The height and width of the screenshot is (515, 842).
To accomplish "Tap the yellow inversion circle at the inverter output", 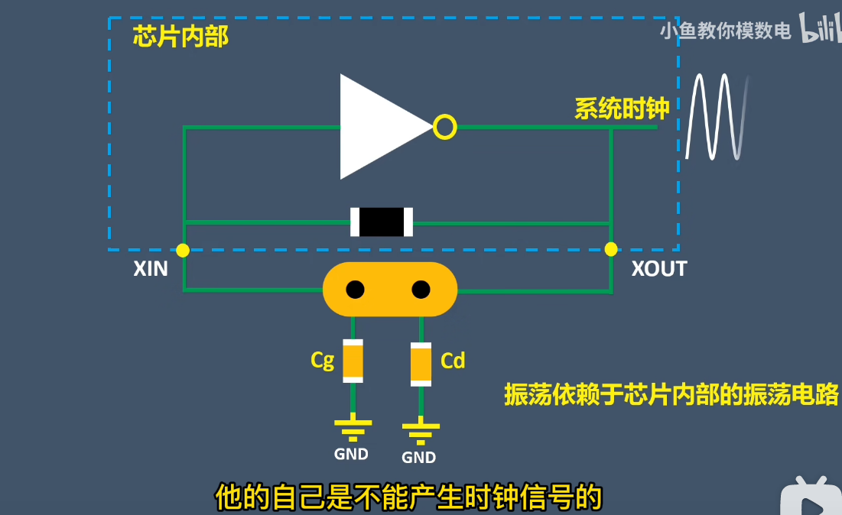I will (x=444, y=127).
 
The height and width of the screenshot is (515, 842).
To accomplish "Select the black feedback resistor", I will (x=382, y=222).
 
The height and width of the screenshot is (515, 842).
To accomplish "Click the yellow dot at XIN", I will (x=183, y=250).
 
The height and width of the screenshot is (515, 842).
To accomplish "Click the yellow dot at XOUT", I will (x=610, y=249).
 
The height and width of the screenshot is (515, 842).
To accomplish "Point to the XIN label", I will (x=151, y=269).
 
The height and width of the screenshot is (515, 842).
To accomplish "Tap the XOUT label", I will (x=659, y=269).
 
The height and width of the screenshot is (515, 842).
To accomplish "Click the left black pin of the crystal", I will (x=355, y=290).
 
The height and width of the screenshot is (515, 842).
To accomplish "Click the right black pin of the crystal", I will (x=421, y=290).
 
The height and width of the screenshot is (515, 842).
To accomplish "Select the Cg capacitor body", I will (x=353, y=361).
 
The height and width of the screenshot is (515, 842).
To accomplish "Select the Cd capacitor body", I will (x=421, y=364).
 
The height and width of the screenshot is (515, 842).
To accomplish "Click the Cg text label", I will (x=323, y=360).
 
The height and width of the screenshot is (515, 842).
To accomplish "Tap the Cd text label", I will (x=453, y=360).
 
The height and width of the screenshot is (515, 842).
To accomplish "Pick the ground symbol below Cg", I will (x=353, y=430).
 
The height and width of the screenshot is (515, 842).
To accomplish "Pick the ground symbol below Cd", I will (x=420, y=432).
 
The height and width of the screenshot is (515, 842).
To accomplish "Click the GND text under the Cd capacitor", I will (x=419, y=458).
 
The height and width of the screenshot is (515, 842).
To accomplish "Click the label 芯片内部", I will (x=180, y=36).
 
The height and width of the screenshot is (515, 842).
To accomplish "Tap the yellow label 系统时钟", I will (x=622, y=109).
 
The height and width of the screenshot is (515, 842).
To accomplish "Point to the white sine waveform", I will (x=717, y=117).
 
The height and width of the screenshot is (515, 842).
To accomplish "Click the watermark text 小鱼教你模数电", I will (x=725, y=31).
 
